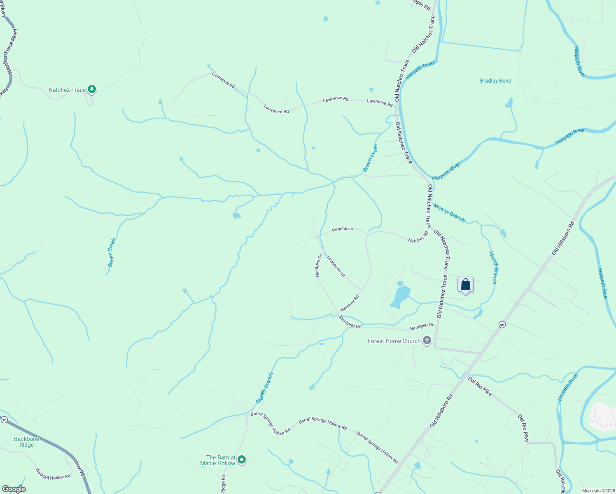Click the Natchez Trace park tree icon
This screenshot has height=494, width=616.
[92, 89]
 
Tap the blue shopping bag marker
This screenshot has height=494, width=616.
[465, 285]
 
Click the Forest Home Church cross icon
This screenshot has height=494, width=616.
[427, 340]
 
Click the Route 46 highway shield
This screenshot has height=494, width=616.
[502, 324]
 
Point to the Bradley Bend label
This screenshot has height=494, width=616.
[495, 81]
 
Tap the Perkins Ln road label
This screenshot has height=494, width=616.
[343, 229]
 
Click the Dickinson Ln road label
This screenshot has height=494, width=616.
[336, 266]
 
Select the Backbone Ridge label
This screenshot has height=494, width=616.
[27, 442]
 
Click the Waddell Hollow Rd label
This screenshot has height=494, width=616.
[53, 474]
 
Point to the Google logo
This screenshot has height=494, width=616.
[14, 489]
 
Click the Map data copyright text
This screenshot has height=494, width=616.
[597, 491]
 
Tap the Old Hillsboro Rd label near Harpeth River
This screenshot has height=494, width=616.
[562, 239]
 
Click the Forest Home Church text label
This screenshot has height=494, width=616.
[394, 341]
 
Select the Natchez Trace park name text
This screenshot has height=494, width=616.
[67, 90]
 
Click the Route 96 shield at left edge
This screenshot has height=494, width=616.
[4, 419]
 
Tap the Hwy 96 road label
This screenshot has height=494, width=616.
[79, 468]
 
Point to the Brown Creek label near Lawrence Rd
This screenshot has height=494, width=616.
[370, 158]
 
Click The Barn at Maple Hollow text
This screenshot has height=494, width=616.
[218, 460]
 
